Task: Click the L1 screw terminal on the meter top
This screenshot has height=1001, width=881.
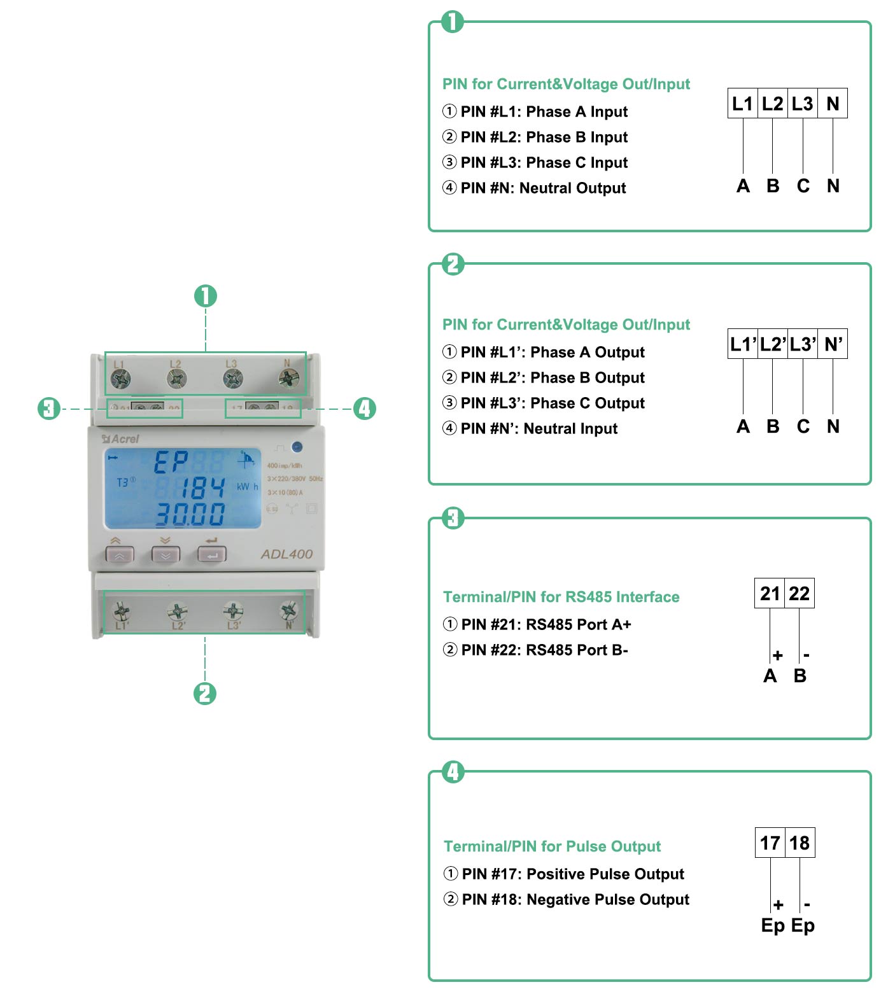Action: point(120,379)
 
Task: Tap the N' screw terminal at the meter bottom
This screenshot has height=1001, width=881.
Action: point(288,611)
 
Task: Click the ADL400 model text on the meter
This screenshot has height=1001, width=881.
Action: point(286,554)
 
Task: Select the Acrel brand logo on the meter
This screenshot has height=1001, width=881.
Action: point(120,438)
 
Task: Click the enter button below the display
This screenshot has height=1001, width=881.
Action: point(212,555)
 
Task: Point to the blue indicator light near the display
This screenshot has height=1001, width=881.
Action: point(297,447)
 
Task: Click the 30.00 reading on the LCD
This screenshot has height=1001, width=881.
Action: point(190,514)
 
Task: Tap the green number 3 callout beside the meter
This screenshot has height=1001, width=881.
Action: point(48,409)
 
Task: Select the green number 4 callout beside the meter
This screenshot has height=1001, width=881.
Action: point(365,409)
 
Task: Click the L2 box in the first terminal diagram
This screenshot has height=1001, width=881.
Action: point(772,104)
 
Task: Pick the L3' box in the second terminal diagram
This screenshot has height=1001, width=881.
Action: point(803,344)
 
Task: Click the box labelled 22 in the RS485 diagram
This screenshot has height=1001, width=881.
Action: point(800,594)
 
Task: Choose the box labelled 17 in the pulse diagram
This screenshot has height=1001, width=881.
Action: point(770,843)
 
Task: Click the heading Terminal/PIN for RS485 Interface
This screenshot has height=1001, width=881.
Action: point(561,597)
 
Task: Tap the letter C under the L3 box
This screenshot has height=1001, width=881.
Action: point(803,186)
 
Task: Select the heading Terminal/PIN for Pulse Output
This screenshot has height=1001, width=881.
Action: point(552,846)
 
